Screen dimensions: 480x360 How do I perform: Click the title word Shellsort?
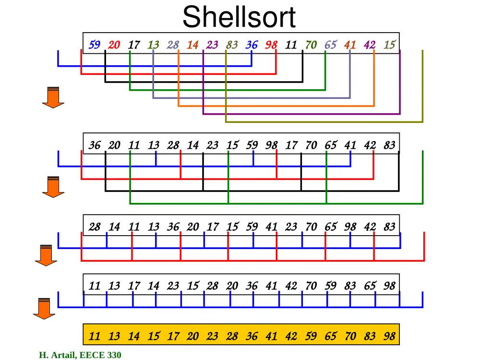[239, 17]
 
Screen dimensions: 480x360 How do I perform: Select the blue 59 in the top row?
[95, 45]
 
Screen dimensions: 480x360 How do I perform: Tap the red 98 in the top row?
[271, 45]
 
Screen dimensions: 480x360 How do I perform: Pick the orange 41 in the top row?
[350, 45]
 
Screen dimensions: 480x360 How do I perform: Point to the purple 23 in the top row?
[212, 45]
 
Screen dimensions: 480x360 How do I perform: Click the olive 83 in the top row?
[232, 45]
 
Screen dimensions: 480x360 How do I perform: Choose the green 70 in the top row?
[311, 45]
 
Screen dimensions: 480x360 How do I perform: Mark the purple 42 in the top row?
[370, 45]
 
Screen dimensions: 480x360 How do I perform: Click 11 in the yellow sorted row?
[95, 336]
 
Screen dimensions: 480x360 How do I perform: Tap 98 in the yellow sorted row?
[389, 336]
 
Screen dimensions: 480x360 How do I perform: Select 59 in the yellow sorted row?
[311, 336]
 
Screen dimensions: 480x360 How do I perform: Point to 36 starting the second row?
[95, 145]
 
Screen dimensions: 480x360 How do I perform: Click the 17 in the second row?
[291, 145]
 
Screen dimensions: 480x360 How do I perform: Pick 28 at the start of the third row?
[95, 227]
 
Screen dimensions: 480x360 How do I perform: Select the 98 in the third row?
[350, 227]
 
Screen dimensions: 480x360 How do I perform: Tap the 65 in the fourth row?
[370, 286]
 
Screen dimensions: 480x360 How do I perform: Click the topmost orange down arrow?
[53, 97]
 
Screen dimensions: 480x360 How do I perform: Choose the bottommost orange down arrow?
[44, 309]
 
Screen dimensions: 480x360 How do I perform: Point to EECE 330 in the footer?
[100, 355]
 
